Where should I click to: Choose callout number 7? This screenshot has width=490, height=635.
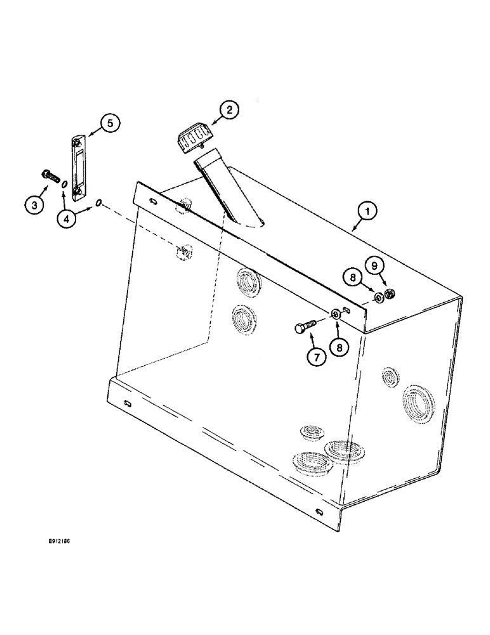(316, 357)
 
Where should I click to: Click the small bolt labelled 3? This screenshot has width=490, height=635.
(49, 173)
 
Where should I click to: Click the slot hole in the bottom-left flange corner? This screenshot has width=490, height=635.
(128, 405)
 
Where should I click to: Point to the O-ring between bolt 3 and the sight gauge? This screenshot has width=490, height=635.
(64, 184)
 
